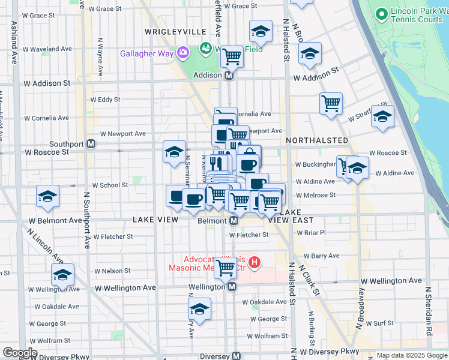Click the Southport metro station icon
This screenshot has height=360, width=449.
click(91, 144)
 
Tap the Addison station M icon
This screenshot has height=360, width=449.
click(229, 76)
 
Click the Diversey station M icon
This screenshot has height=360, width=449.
click(237, 356)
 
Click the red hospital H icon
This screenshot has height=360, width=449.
click(255, 262)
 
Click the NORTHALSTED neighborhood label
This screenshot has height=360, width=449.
click(317, 140)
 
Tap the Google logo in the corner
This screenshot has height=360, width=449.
click(20, 352)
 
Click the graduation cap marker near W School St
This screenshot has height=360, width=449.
click(47, 196)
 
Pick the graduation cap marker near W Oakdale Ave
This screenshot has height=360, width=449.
click(199, 308)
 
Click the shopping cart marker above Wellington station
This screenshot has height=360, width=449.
click(226, 267)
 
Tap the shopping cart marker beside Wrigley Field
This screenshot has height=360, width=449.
click(232, 56)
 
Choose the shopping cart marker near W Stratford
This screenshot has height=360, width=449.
click(331, 103)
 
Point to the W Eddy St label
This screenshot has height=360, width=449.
click(105, 100)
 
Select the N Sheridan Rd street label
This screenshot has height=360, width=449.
click(429, 310)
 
